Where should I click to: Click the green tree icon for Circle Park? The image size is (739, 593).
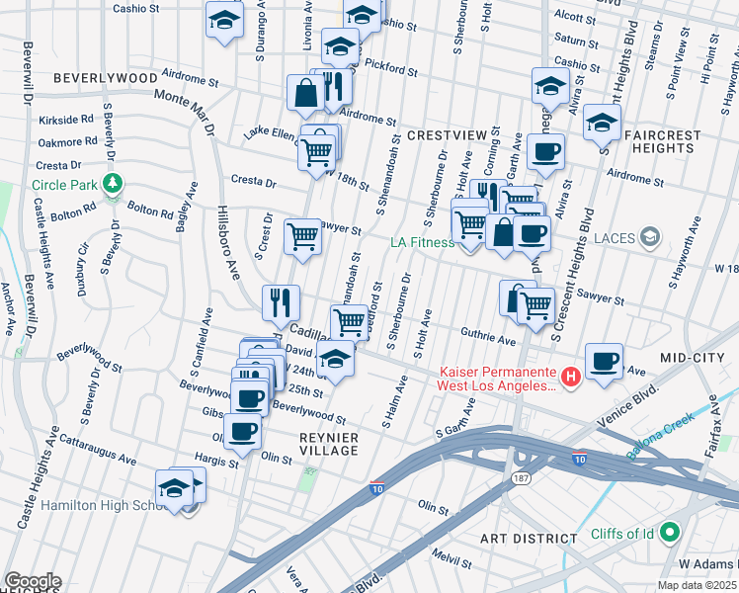coord(114,183)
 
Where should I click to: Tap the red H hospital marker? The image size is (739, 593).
coord(570,377)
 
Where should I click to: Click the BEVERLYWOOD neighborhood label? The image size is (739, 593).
coord(105,77)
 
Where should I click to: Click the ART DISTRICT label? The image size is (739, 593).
coord(528,539)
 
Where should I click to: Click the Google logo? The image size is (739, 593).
coord(33,581)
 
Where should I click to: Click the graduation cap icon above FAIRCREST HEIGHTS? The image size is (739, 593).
coord(600,123)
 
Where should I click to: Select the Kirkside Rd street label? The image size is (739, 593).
coord(67,119)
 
